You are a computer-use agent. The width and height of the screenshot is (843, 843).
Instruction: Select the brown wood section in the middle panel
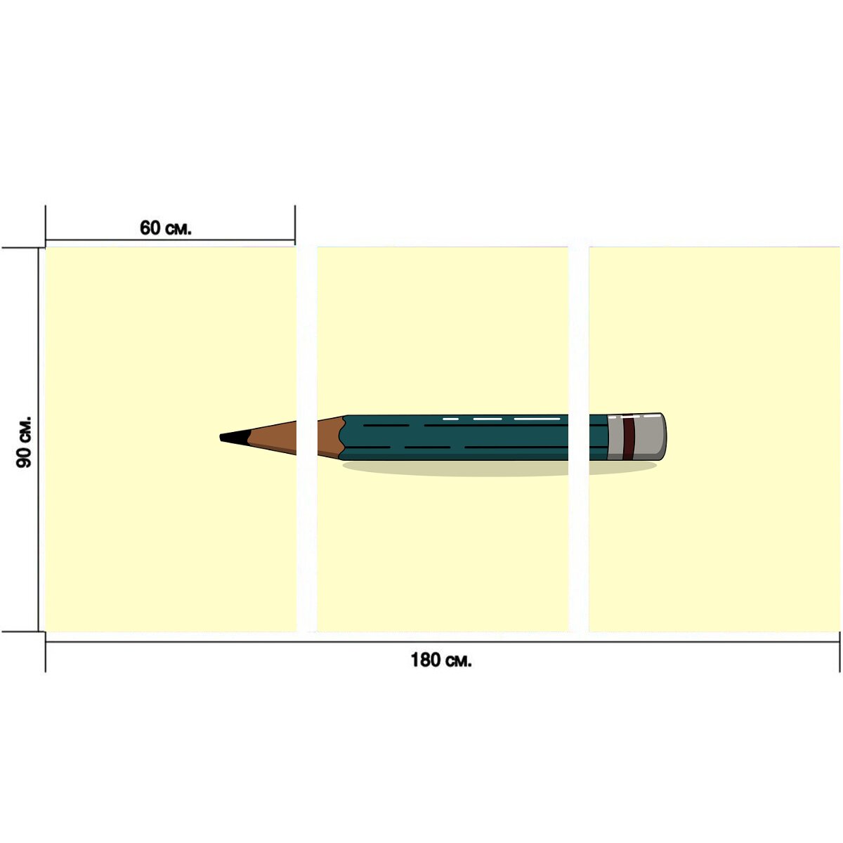[330, 438]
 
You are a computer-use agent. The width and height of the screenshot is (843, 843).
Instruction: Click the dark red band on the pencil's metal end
[629, 438]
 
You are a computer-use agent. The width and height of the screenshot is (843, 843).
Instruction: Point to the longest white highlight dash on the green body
[537, 419]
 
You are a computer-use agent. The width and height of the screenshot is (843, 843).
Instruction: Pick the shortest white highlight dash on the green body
[450, 419]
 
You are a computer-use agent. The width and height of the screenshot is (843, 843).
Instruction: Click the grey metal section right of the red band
[650, 437]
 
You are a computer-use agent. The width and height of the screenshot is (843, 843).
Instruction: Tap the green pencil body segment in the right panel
[599, 438]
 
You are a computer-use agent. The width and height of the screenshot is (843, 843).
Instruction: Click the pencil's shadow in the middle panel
[455, 467]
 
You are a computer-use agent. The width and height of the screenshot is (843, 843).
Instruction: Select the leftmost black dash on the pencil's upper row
[386, 425]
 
